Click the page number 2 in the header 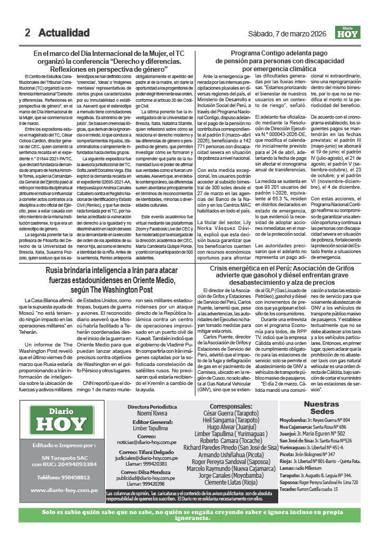click(x=27, y=33)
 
